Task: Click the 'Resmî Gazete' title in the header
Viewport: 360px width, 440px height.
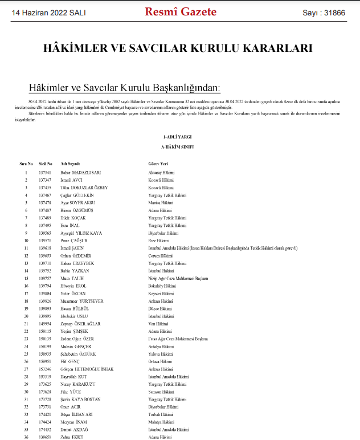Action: [181, 11]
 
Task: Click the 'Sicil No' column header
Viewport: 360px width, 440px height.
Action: [46, 163]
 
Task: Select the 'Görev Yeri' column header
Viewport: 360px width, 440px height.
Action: [157, 163]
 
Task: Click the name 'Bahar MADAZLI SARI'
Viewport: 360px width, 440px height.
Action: [80, 172]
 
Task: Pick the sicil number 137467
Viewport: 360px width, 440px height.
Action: [45, 195]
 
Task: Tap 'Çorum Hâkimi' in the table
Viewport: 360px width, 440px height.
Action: [159, 256]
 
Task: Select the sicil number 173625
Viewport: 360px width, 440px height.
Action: [45, 384]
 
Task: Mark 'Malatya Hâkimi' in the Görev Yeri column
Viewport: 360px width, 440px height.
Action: [160, 422]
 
